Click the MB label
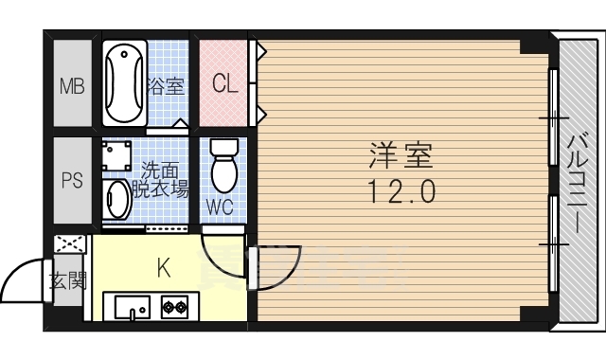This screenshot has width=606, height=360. point(72,87)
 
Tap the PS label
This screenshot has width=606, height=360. point(72,181)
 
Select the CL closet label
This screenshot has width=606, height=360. point(224,84)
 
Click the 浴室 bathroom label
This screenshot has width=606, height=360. point(166,87)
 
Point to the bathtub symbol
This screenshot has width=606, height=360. point(124,82)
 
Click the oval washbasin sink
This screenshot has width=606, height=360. point(117,199)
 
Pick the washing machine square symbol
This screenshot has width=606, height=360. point(116,155)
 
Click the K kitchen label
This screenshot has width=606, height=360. point(163,269)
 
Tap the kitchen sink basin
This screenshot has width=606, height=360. point(131,307)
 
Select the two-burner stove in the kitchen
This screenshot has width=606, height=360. point(174,307)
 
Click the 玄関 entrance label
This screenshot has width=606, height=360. point(67,280)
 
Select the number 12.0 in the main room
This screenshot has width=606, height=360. point(401,192)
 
